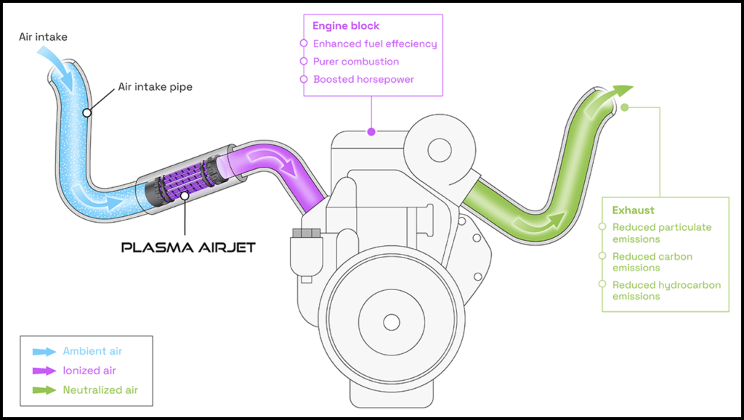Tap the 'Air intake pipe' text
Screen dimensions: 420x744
(155, 87)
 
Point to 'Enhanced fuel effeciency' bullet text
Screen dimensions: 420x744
(375, 44)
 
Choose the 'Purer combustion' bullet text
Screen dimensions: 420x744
(356, 62)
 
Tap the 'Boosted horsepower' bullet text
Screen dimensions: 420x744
(363, 79)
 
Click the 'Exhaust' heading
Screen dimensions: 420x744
(633, 210)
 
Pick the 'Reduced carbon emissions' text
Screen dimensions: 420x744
(652, 262)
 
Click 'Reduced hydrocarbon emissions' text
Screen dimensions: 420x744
(666, 290)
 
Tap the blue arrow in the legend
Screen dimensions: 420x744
(44, 351)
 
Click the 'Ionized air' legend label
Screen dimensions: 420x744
(89, 371)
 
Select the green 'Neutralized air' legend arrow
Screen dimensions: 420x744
(44, 390)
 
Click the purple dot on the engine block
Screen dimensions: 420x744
(371, 132)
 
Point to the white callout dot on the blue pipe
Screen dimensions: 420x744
(86, 112)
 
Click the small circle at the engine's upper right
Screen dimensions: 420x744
(440, 151)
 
